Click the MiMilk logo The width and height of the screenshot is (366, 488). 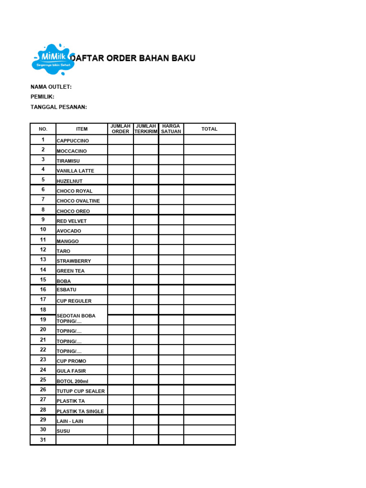pos(53,60)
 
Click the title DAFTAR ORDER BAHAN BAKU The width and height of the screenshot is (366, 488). pos(132,59)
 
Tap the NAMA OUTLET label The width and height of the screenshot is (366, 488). pos(51,87)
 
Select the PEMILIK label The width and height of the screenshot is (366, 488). pos(42,97)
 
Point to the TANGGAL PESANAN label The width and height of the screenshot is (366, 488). pos(59,107)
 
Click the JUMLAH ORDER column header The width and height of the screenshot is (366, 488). pos(121,129)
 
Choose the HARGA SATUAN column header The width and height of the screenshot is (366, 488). pos(171,129)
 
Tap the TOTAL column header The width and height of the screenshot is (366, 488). pos(209,129)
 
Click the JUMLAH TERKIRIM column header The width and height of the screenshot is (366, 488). pos(146,129)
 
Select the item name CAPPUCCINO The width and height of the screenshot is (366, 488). pos(72,141)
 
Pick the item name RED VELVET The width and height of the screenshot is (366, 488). pos(71,221)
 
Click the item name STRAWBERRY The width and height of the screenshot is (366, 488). pos(73,261)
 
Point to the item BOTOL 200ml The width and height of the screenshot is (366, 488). pos(72,381)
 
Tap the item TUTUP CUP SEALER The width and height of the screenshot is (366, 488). pos(81,391)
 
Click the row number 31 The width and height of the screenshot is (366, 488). pos(43,440)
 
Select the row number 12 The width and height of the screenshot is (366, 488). pos(43,250)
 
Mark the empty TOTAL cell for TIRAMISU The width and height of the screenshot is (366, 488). pos(209,160)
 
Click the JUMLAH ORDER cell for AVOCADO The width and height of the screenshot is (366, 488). pos(121,230)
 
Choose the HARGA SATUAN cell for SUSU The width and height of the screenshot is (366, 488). pos(171,430)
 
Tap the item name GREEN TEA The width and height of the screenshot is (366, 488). pos(71,271)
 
